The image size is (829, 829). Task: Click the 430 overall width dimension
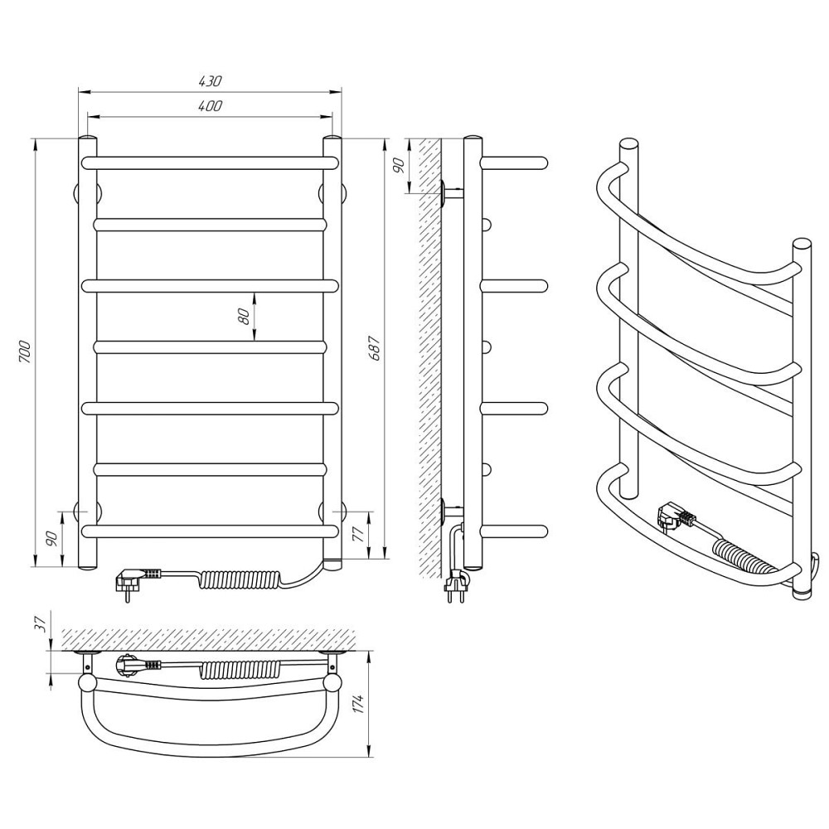[x=210, y=81]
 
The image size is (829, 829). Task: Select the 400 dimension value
[x=210, y=106]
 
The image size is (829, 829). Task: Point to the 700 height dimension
[x=25, y=351]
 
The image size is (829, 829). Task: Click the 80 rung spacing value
[x=244, y=316]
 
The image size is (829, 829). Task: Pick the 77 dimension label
[x=357, y=534]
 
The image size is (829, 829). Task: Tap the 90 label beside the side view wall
[x=400, y=166]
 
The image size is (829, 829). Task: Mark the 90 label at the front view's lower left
[x=51, y=539]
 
